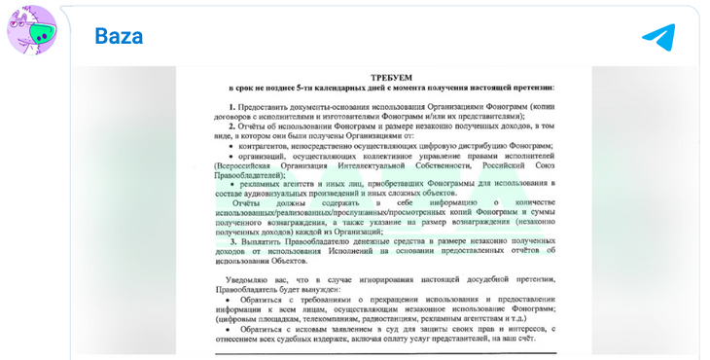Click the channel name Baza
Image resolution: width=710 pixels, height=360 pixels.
119,37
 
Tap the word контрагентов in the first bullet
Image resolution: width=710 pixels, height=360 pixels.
266,144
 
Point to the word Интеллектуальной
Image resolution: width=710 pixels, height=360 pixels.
375,164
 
